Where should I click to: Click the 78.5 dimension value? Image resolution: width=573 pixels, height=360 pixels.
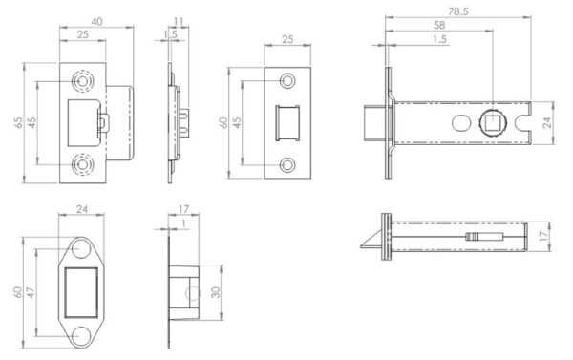point(458,11)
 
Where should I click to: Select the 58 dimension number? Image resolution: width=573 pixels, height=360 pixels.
point(439,25)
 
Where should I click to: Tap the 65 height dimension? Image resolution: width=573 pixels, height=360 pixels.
point(18,122)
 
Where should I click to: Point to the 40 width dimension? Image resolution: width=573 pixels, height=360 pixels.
point(96,22)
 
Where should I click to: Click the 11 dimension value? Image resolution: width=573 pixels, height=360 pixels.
point(179,22)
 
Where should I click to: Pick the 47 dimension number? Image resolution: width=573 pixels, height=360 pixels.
point(31,292)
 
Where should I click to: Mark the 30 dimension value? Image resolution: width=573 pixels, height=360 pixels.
point(216,292)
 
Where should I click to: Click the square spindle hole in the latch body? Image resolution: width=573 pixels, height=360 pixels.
point(492,123)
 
